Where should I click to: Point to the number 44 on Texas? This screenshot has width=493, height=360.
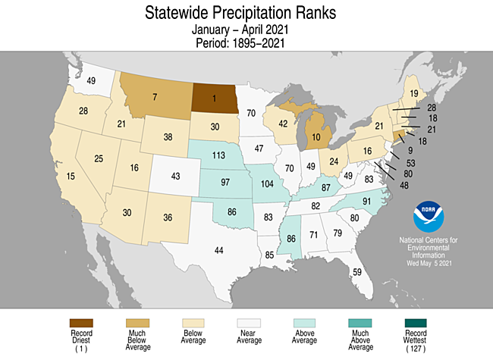pos(219,250)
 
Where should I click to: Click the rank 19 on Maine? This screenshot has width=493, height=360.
pos(414,93)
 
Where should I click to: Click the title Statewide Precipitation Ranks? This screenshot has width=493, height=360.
pos(246,14)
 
